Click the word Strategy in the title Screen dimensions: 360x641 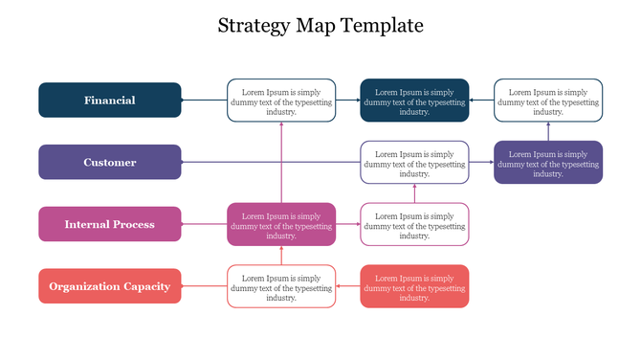coord(252,26)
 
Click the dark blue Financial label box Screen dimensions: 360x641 coord(110,101)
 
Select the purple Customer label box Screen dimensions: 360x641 coord(110,163)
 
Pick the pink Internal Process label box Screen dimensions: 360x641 coord(110,225)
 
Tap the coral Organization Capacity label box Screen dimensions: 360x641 coord(110,286)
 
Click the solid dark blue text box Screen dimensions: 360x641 coord(414,101)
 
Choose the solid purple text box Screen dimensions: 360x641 coord(548,163)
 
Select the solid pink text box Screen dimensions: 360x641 coord(281,225)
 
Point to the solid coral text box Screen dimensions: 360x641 coord(414,286)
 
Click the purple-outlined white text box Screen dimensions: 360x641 coord(414,163)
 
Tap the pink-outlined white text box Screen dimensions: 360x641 coord(414,225)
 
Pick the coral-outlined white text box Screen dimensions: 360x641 coord(281,286)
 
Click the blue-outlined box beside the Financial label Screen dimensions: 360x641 coord(281,101)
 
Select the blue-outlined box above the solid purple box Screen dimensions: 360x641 coord(548,101)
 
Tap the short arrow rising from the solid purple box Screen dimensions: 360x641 coord(548,129)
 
